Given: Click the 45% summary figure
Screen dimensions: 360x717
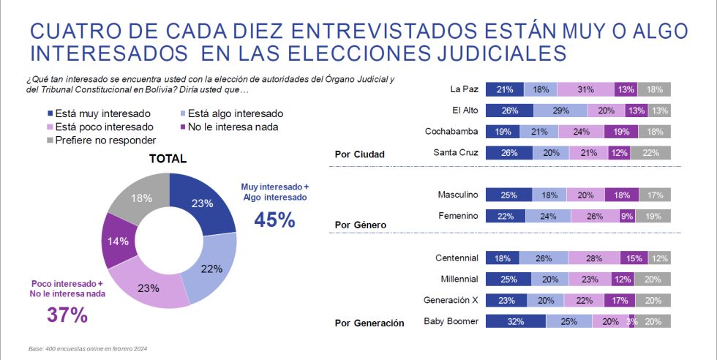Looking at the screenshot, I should point(274,220).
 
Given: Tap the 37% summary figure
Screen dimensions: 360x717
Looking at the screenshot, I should point(67,315).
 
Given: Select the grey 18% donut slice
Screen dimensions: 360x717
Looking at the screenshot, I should point(141,198).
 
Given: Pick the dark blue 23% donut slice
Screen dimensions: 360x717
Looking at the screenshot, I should point(202,203).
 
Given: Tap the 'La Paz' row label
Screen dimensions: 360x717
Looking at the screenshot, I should point(464,90).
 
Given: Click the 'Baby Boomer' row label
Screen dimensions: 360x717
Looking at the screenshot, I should point(451,321).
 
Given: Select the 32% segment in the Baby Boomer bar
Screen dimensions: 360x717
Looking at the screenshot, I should point(515,321).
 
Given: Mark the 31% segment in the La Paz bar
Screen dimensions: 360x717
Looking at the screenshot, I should point(585,90).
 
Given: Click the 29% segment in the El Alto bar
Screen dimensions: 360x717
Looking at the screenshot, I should point(560,111).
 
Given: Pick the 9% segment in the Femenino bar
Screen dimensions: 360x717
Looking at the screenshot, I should point(626,217).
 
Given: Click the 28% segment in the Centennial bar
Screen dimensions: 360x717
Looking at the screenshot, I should point(593,258).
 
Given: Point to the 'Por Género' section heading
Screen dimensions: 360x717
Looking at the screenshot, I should point(360,224).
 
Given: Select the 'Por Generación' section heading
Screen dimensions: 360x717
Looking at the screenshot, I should point(369,323).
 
